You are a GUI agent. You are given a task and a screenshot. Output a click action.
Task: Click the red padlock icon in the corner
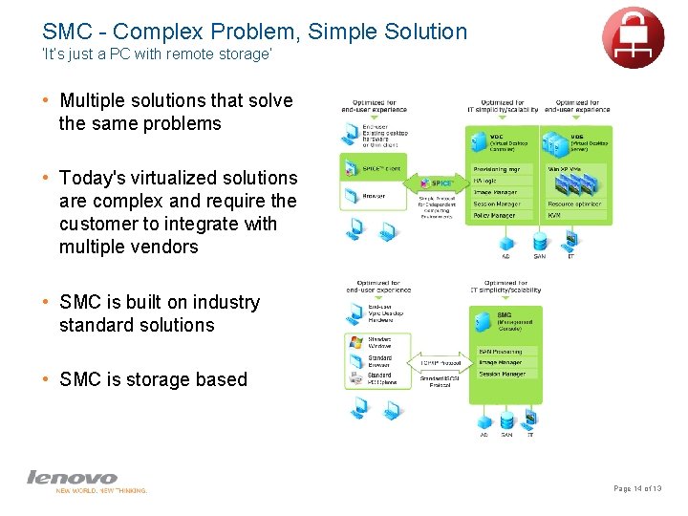click(633, 37)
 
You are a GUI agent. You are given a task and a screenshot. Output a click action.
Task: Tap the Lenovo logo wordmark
click(73, 476)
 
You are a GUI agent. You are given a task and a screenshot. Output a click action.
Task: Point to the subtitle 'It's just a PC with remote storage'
click(158, 55)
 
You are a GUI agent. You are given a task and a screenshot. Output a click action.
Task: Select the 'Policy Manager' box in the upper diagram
click(503, 216)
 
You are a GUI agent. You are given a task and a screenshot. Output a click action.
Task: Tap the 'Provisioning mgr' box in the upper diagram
click(503, 169)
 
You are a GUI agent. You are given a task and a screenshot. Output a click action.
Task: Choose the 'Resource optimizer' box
click(575, 204)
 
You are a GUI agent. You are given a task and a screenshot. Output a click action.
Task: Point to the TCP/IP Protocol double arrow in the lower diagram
click(441, 363)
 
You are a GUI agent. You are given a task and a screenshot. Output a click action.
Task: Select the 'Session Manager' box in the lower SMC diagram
click(505, 374)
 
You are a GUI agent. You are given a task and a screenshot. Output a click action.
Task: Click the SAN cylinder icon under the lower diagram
click(506, 420)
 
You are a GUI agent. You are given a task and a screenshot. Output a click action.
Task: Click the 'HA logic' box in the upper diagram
click(503, 181)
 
